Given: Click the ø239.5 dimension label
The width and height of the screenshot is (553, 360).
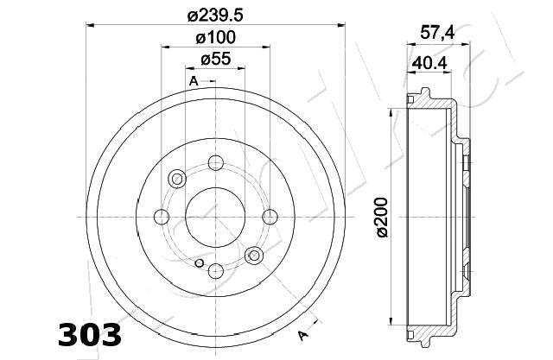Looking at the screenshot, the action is click(x=215, y=16).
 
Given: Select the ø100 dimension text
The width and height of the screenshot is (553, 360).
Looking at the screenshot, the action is click(x=215, y=37).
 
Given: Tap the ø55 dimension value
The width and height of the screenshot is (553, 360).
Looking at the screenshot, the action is click(x=215, y=59).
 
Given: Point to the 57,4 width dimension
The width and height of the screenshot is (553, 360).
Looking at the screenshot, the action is click(x=437, y=33).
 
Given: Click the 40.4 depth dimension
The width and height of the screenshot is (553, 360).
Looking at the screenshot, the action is click(x=429, y=63).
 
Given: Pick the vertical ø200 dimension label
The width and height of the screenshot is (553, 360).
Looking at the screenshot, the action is click(x=382, y=218).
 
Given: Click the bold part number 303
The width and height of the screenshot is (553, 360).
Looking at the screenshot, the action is click(x=90, y=335).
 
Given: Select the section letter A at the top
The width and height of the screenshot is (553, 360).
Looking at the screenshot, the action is click(x=194, y=81).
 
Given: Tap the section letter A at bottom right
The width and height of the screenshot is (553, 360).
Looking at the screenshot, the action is click(x=302, y=336).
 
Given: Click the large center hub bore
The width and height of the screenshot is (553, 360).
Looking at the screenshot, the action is click(x=215, y=217).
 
